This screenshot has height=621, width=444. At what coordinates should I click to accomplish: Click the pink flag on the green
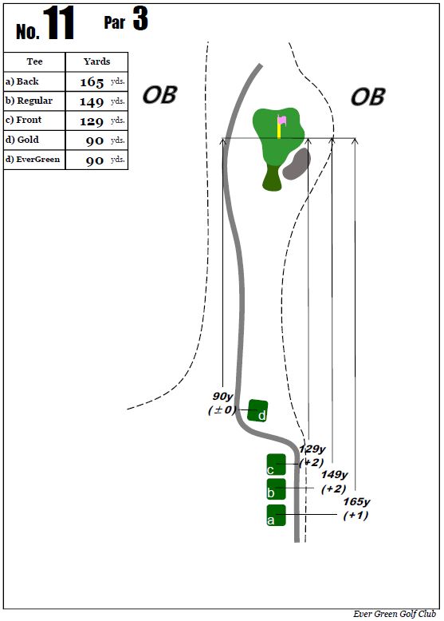(x=282, y=120)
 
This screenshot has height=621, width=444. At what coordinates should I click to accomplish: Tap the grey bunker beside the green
(x=297, y=164)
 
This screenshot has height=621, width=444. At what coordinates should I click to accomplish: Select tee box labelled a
(x=276, y=516)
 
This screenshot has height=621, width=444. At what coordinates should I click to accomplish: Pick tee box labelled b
(x=276, y=488)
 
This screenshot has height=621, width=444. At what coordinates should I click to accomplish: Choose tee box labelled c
(x=276, y=465)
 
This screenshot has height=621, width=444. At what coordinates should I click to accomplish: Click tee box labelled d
(x=257, y=411)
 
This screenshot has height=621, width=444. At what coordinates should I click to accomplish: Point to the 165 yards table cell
(x=96, y=81)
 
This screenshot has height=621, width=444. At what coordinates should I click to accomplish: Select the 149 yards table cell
(x=96, y=101)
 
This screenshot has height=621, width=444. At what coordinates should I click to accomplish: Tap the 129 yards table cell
(x=96, y=121)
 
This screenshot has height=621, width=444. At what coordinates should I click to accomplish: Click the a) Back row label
(x=22, y=81)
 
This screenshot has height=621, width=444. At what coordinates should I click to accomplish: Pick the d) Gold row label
(x=22, y=140)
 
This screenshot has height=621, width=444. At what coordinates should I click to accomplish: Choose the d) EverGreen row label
(x=33, y=159)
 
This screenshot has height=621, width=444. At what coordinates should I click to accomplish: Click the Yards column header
(x=97, y=61)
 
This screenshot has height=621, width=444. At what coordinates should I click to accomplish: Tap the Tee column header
(x=34, y=61)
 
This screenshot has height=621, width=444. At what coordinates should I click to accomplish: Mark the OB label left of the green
(x=159, y=95)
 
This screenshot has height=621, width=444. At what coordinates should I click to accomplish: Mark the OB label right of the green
(x=367, y=97)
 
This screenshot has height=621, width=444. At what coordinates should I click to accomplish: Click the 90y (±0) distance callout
(x=222, y=403)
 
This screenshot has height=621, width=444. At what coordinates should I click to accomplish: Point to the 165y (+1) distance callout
(x=356, y=508)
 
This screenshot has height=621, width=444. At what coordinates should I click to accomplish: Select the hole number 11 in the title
(x=58, y=23)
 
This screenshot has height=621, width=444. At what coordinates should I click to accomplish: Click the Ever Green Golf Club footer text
(x=395, y=614)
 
